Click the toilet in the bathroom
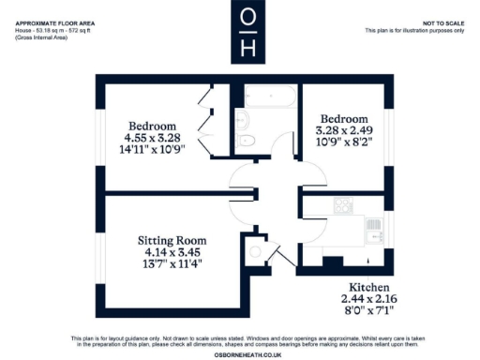coord(247,141)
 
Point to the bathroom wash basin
coord(242,119)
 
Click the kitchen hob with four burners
coord(343,206)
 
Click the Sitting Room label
coord(164,240)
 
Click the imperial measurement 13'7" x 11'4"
coord(165,264)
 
